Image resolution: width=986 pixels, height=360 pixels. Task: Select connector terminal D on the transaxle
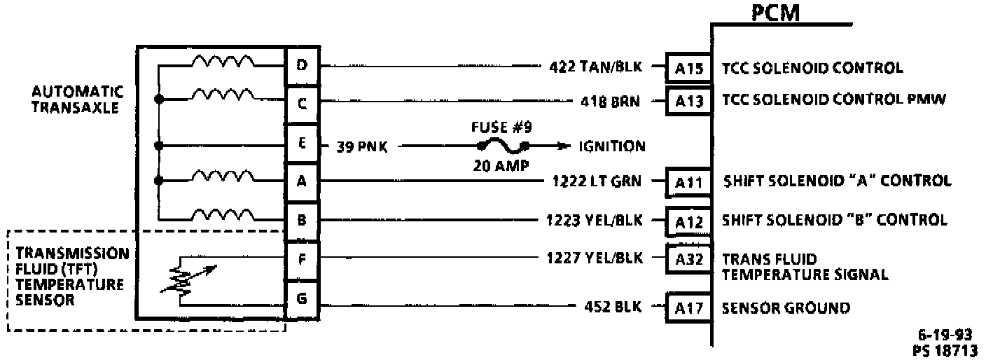pos(302,65)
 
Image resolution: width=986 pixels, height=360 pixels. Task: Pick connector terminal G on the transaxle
pos(302,299)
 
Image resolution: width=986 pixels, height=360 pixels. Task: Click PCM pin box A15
pos(688,68)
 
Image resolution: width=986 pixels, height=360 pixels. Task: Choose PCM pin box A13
pos(688,100)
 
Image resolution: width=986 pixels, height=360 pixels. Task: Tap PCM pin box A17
pos(688,308)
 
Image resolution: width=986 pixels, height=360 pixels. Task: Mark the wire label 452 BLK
pos(613,306)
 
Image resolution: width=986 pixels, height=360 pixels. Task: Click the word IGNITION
pos(611,146)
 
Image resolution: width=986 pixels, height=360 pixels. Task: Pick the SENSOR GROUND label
pos(786,307)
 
